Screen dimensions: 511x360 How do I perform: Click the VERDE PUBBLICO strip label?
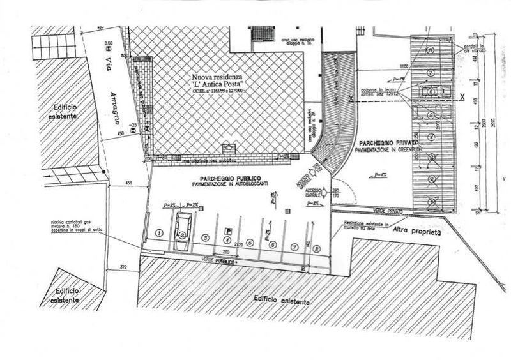[217, 260]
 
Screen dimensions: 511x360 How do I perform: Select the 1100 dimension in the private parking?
[386, 66]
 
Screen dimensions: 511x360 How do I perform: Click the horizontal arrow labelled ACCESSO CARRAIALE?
[321, 191]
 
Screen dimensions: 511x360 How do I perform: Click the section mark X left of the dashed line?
[351, 98]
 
